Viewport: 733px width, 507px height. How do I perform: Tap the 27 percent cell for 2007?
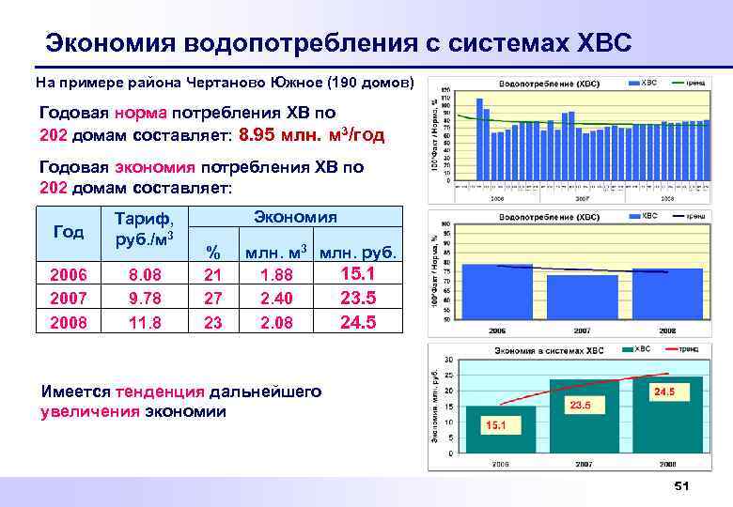pos(214,299)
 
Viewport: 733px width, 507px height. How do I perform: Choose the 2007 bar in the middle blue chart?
pos(582,297)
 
